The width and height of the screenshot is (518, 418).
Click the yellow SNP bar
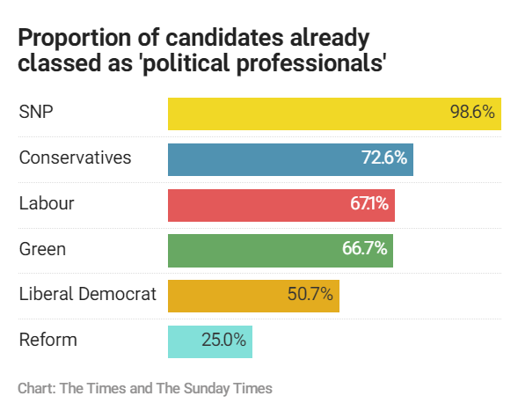click(x=308, y=113)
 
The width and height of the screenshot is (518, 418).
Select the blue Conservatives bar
click(x=264, y=158)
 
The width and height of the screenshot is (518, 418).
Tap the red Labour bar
click(x=255, y=204)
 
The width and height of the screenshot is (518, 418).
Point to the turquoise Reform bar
click(x=189, y=341)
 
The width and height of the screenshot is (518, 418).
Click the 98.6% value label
click(x=472, y=113)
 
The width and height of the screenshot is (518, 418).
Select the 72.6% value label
click(x=384, y=158)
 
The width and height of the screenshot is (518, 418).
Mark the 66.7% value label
click(x=365, y=249)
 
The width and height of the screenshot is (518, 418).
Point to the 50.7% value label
click(x=310, y=295)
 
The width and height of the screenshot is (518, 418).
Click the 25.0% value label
click(x=223, y=341)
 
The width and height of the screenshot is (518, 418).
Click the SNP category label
click(x=35, y=113)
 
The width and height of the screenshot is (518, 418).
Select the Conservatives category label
click(x=75, y=158)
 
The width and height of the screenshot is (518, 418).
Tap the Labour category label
click(x=47, y=204)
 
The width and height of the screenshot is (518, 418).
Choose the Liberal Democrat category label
click(x=87, y=295)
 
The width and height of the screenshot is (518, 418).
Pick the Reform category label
click(x=47, y=341)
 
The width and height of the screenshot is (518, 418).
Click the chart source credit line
click(x=144, y=388)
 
